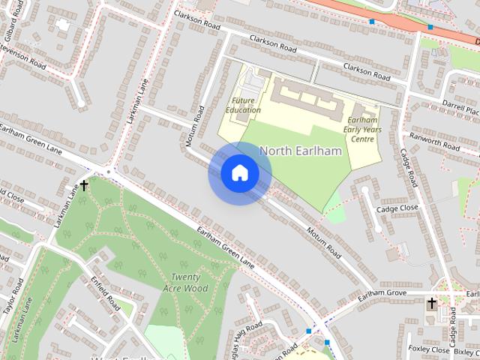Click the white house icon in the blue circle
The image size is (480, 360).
pos(238,172)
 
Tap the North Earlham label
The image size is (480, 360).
pos(300,151)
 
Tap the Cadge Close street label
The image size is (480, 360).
pos(397,209)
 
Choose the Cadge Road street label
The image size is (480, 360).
pos(409,169)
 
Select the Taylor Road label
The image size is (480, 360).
pos(8,298)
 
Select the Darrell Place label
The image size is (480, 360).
pos(460,108)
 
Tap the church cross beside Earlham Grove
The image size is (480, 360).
pos(431,304)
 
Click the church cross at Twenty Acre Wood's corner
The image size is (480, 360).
pos(84,184)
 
